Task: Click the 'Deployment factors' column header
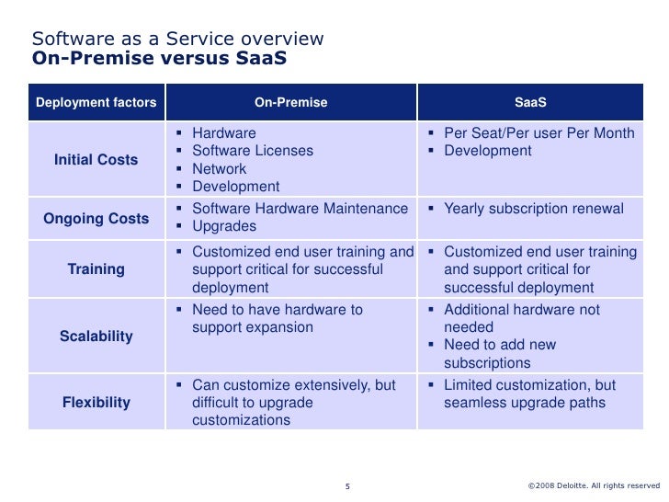[x=96, y=102]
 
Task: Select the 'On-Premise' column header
[x=290, y=102]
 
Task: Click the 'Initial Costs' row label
[x=96, y=160]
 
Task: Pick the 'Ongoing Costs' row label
[x=96, y=219]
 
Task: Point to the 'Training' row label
[x=96, y=269]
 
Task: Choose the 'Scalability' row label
[x=96, y=336]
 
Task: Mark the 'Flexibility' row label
[x=96, y=402]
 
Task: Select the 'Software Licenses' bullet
[x=252, y=151]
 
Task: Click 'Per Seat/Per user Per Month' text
[x=539, y=133]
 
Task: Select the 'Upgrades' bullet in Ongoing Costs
[x=223, y=226]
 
